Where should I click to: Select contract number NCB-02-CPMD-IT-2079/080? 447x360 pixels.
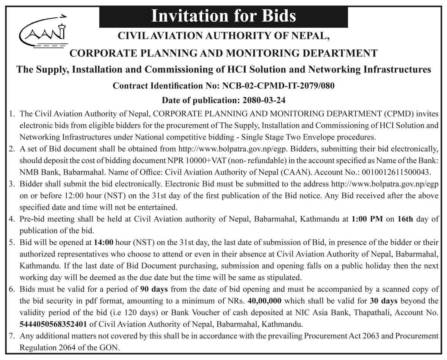coord(277,86)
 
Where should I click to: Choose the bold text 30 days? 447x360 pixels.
coord(384,301)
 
